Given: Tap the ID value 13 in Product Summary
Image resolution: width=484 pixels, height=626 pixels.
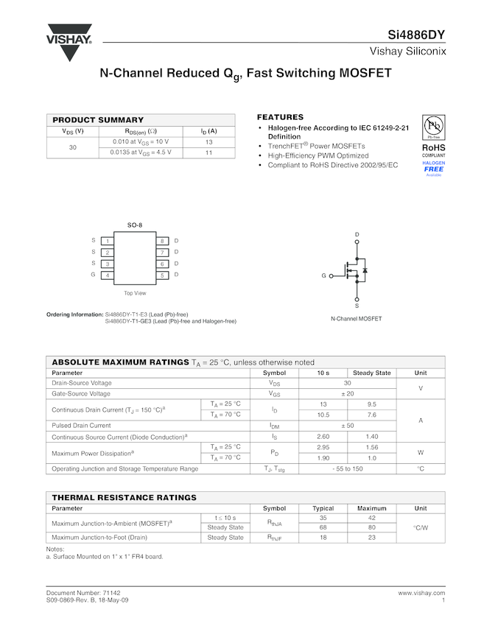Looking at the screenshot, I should tap(208, 142).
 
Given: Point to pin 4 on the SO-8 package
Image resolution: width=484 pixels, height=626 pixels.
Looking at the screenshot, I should tap(108, 275).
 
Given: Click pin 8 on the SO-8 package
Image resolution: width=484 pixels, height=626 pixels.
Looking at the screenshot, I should tap(162, 241).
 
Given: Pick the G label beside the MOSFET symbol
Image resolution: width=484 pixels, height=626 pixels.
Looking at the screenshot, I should tap(323, 275).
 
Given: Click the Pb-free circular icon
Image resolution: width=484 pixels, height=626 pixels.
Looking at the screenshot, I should tap(433, 126).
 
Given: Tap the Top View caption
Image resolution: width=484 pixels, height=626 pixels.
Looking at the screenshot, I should tap(135, 293).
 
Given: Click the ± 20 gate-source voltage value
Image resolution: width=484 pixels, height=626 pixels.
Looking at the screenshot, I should tap(347, 394).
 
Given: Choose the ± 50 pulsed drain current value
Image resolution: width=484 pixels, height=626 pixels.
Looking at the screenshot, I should tap(347, 426).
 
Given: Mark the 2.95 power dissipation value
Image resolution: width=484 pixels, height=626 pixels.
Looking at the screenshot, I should tap(323, 447).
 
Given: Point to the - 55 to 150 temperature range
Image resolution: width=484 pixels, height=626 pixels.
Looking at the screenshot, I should tap(347, 468).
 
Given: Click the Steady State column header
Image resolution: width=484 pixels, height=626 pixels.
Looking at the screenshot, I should tap(371, 373).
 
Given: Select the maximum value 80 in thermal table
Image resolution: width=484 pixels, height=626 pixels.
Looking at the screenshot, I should tap(371, 527).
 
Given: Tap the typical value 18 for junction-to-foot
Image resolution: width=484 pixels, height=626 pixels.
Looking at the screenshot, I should tap(323, 538).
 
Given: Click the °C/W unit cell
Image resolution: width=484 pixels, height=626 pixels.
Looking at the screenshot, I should tap(421, 527).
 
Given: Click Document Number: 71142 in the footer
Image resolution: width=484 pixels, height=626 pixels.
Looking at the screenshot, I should tap(83, 593).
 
